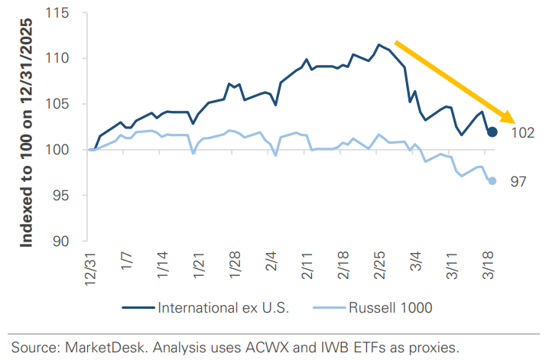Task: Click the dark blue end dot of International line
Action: click(492, 132)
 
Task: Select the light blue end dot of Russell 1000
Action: click(492, 181)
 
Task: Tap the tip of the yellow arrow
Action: click(512, 122)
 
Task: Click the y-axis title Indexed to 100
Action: click(26, 135)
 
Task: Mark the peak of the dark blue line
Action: click(379, 44)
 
